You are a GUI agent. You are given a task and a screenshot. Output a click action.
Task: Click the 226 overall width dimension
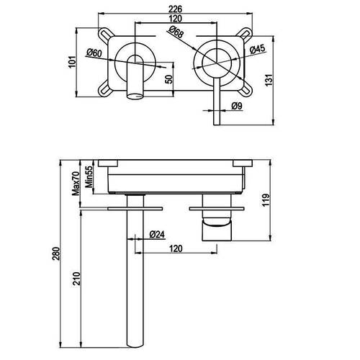click(x=175, y=9)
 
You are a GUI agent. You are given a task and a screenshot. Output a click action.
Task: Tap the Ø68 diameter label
click(x=176, y=32)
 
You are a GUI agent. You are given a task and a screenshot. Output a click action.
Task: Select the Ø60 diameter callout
click(x=94, y=53)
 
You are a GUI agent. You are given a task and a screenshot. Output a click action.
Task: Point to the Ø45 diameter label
click(x=257, y=50)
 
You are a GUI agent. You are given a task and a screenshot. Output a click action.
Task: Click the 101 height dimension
click(x=72, y=62)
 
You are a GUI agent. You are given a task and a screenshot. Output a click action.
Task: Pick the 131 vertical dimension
click(x=269, y=80)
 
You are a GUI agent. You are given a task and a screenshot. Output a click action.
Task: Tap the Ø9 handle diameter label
click(x=237, y=106)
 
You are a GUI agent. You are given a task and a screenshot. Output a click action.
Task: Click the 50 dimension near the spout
click(x=169, y=79)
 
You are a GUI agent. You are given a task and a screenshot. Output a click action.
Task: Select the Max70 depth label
click(x=76, y=184)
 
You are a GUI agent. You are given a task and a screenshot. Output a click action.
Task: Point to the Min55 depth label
click(x=89, y=177)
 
